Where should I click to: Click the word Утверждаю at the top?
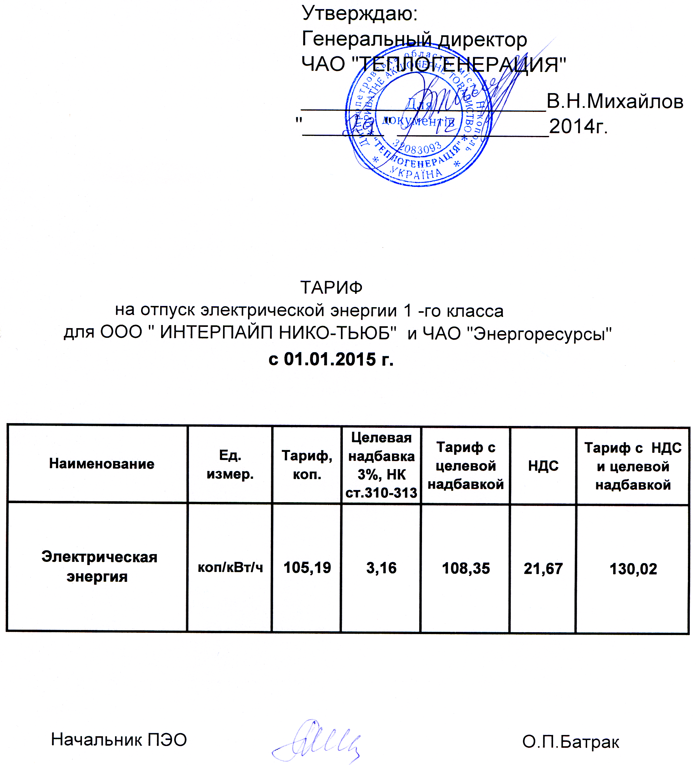359,14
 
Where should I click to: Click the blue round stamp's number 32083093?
417,147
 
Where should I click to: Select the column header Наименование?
101,464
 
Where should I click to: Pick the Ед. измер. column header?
230,464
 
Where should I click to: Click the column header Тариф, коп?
307,465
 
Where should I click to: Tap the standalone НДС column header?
543,466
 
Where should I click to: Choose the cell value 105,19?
307,568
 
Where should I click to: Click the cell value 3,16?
381,568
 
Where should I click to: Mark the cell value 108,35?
466,568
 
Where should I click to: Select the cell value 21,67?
543,568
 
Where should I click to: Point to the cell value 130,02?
633,569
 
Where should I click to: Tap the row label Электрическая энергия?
99,567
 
